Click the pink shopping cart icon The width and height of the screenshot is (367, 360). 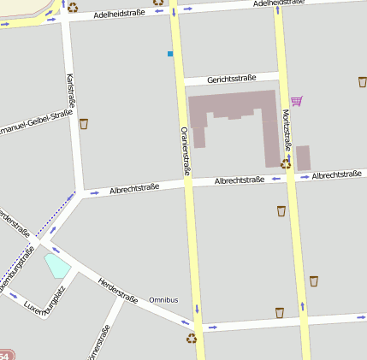(296, 101)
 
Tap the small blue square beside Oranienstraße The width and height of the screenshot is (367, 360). (170, 54)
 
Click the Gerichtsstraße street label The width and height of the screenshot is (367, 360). (232, 80)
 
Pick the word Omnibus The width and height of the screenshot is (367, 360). (163, 300)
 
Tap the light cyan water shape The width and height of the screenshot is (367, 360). (57, 265)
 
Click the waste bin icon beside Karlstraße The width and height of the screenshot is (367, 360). (84, 124)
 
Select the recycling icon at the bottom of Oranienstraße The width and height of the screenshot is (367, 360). (191, 338)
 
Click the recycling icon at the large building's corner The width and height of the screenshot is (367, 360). (285, 162)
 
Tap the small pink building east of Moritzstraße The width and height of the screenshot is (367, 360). (303, 158)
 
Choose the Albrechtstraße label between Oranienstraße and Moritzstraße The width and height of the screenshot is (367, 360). (239, 180)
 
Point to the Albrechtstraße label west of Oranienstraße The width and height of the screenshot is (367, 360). (134, 189)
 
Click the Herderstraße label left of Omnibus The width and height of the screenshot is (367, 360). (117, 290)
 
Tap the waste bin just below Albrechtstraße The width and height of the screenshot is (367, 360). (281, 211)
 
